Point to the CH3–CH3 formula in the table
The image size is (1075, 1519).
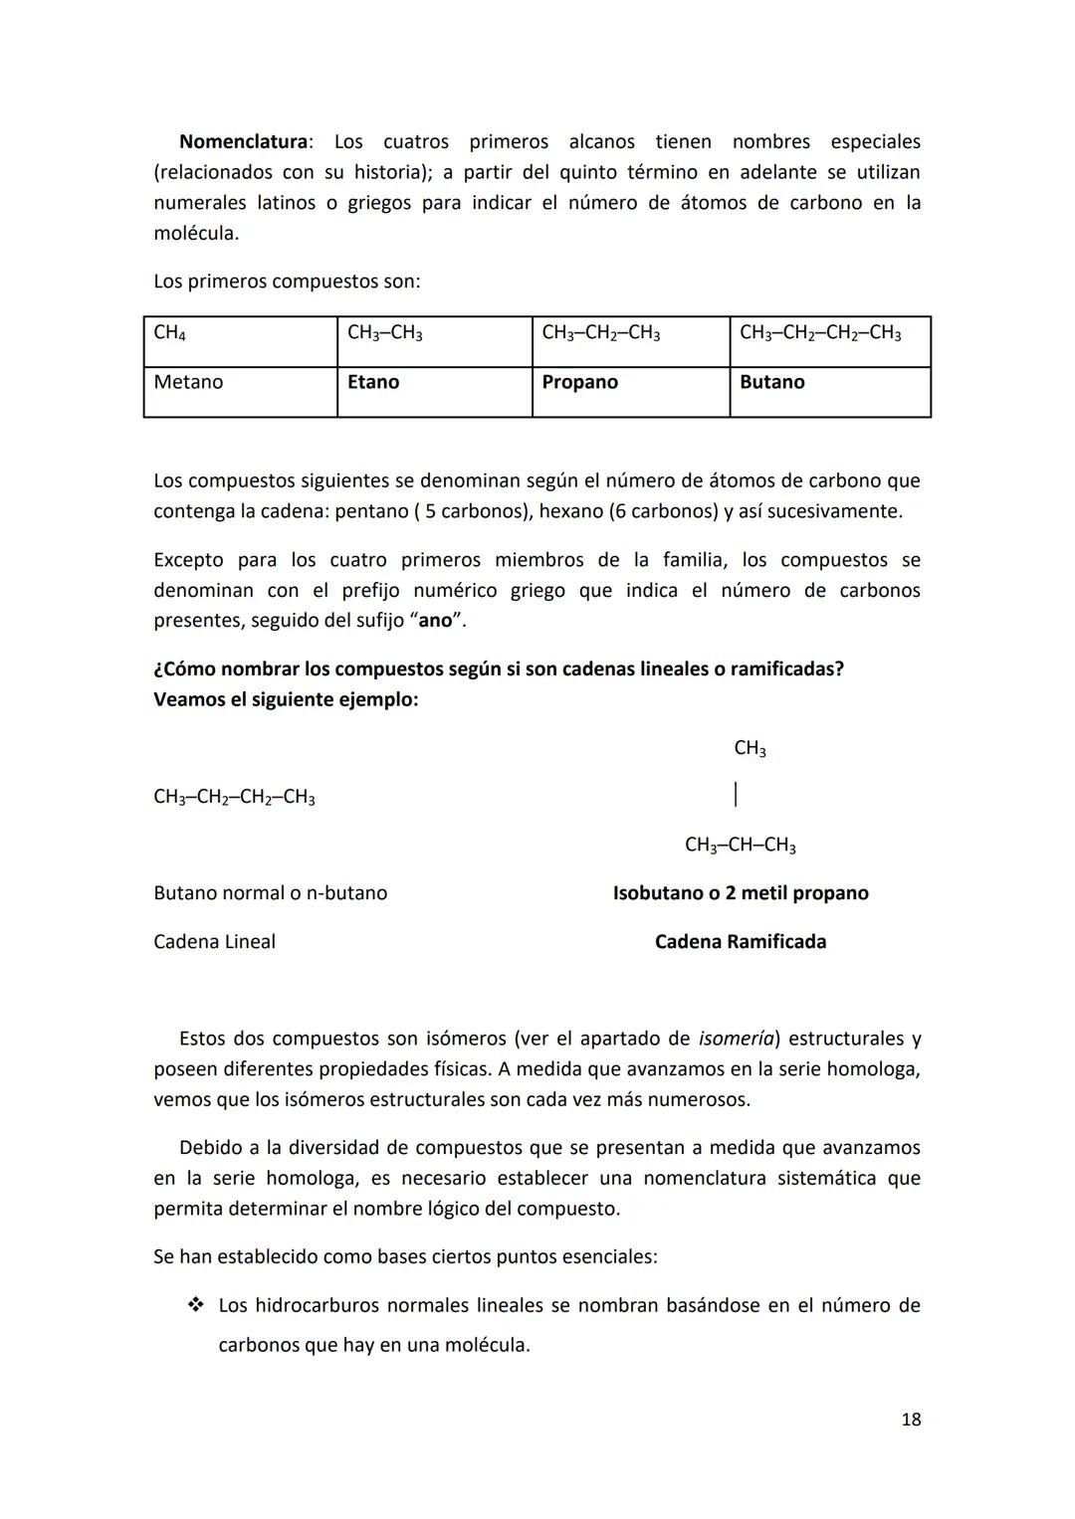coord(384,333)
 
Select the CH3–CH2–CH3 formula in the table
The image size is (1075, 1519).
coord(600,333)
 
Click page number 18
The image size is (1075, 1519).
coord(910,1420)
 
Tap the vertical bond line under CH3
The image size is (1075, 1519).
coord(735,794)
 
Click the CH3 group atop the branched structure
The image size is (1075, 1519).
coord(750,748)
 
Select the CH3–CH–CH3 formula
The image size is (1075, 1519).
coord(740,846)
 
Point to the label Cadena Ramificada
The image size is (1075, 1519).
coord(740,942)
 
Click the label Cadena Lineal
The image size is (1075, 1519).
coord(214,942)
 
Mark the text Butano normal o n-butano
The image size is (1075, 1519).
coord(270,893)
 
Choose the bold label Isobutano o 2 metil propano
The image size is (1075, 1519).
coord(740,893)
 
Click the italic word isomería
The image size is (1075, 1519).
coord(736,1039)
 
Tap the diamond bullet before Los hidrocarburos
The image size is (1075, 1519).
coord(195,1304)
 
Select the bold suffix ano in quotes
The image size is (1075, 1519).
coord(435,621)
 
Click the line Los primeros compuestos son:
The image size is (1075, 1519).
coord(287,282)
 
